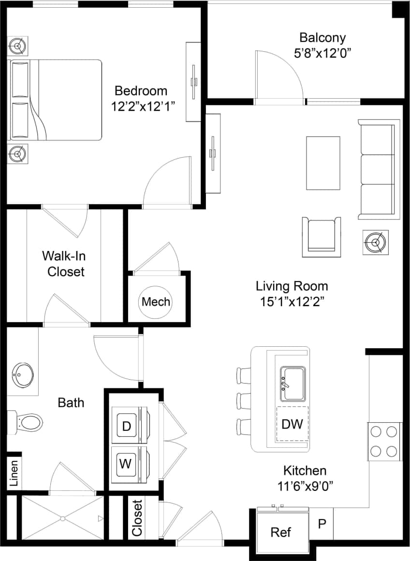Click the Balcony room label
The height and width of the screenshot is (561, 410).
click(x=322, y=38)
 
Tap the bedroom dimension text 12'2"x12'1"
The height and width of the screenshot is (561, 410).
click(x=141, y=106)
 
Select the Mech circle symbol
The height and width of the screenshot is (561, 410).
click(x=156, y=302)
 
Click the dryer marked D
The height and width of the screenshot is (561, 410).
click(x=127, y=426)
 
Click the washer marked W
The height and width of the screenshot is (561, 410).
click(x=126, y=464)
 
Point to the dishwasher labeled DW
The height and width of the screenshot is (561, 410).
click(x=292, y=424)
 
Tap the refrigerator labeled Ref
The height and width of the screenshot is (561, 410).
click(x=280, y=532)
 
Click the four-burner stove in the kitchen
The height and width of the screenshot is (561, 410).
click(x=384, y=441)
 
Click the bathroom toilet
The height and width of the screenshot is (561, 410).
click(x=29, y=422)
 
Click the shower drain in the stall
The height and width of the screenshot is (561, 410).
click(x=62, y=518)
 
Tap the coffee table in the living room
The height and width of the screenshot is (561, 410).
click(x=322, y=163)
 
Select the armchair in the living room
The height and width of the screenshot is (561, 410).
click(x=321, y=237)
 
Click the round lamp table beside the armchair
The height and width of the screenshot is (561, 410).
click(x=375, y=241)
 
